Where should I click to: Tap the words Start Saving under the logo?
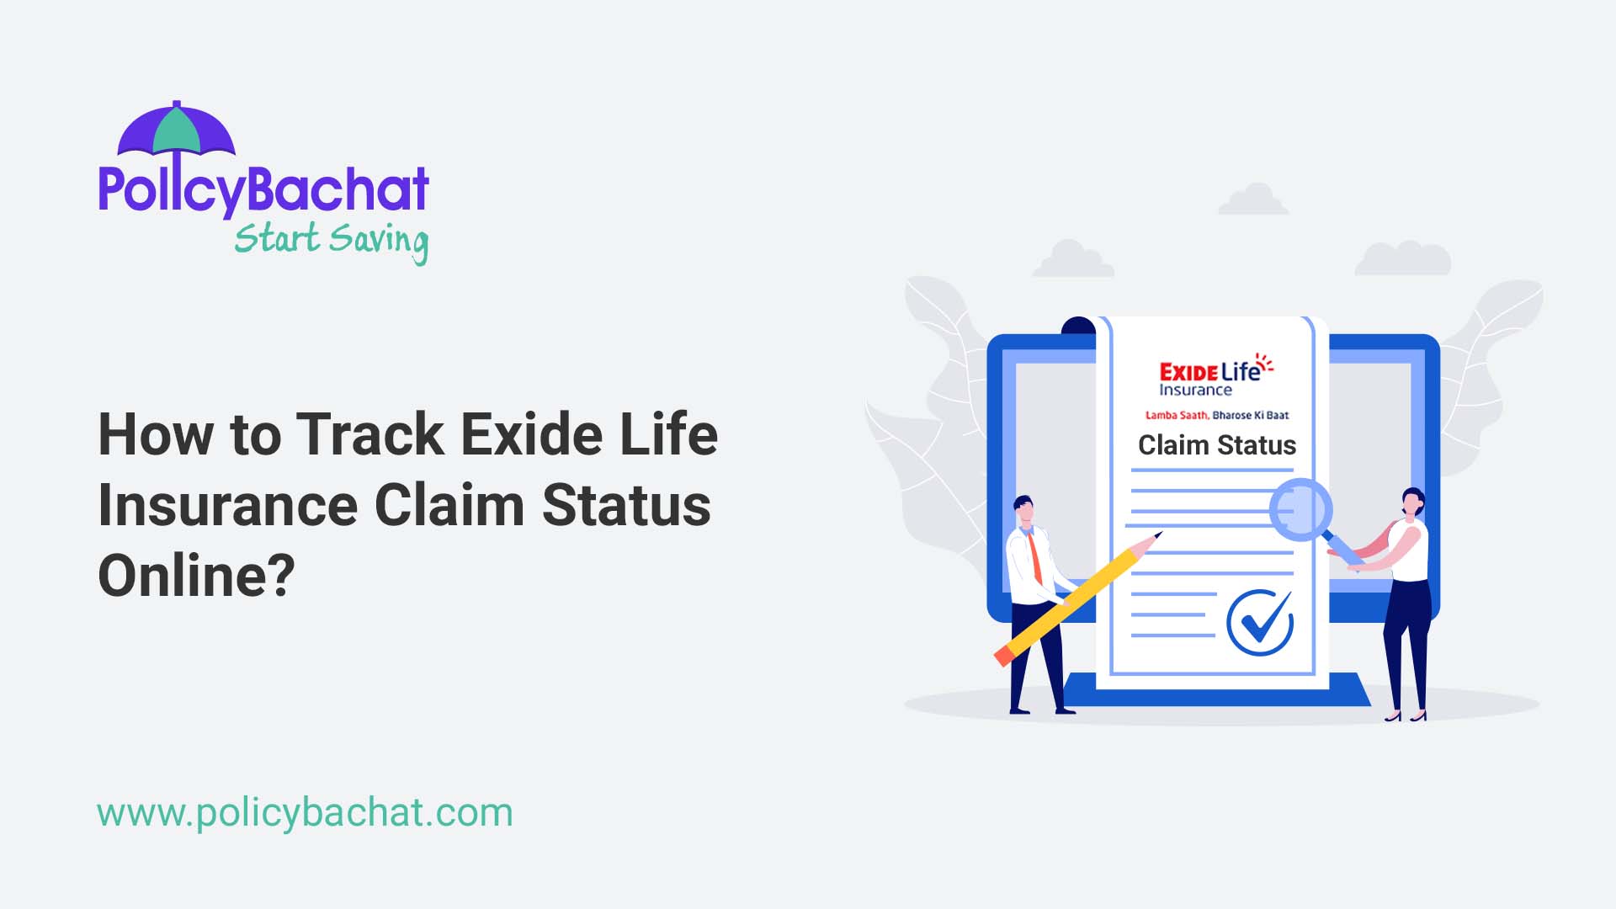tap(331, 240)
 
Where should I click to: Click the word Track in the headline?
tap(369, 434)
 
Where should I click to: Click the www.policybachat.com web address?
tap(305, 813)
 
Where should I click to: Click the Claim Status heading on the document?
tap(1216, 445)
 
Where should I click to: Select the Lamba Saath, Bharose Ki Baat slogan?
tap(1216, 415)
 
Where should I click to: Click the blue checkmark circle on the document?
tap(1259, 623)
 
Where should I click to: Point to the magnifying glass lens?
tap(1300, 509)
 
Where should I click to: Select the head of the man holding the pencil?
tap(1024, 509)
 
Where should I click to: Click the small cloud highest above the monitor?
tap(1254, 200)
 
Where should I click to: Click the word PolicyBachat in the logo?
tap(263, 189)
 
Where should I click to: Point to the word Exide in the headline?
tap(531, 434)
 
